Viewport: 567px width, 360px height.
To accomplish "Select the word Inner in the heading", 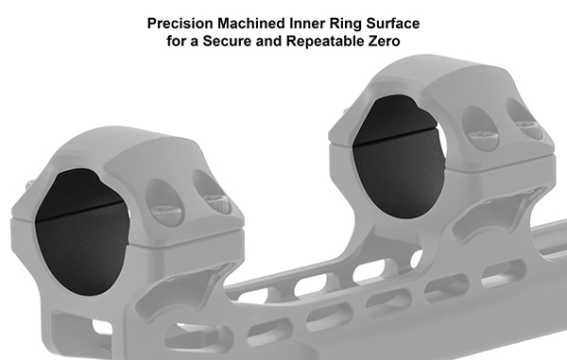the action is click(x=307, y=24).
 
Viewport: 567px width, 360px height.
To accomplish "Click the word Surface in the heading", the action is click(x=393, y=24).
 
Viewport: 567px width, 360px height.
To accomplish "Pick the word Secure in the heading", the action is click(x=227, y=42).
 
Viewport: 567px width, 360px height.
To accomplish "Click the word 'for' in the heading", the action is click(x=178, y=42).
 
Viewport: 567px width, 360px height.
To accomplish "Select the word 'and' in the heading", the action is click(x=269, y=42).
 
